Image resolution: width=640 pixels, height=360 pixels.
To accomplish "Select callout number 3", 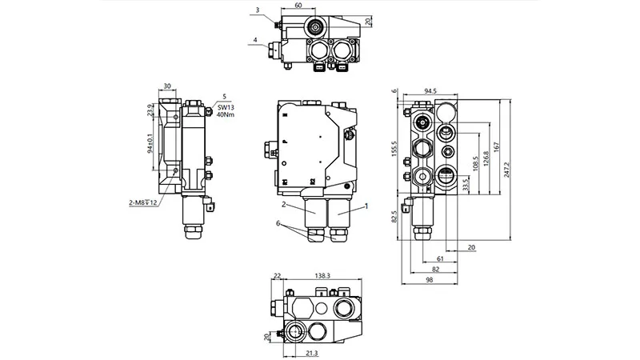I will [x=257, y=10].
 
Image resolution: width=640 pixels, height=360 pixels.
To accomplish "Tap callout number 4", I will [x=255, y=39].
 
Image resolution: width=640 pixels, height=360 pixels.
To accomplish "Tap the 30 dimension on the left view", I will [x=167, y=86].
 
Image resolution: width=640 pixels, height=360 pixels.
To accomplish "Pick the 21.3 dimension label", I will [x=312, y=352].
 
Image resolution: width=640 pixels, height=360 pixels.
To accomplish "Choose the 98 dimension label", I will [x=430, y=280].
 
